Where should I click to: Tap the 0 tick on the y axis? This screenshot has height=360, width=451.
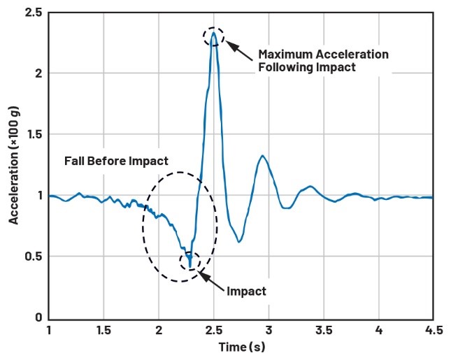coord(38,317)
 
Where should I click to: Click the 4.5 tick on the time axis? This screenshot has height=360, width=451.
coord(434,329)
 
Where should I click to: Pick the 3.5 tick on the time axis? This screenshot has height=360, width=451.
coord(324,329)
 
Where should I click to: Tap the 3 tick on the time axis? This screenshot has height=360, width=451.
coord(269,329)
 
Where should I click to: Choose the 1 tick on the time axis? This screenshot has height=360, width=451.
coord(49,329)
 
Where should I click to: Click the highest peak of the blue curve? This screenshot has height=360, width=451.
coord(213,34)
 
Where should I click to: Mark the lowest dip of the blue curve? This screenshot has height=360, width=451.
coord(189,265)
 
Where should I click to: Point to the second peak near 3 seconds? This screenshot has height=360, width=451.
coord(262,156)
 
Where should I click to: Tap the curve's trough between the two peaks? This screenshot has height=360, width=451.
coord(239,242)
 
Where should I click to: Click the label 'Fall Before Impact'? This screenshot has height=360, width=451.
coord(116,161)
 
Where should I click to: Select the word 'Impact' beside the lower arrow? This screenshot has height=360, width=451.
coord(247,291)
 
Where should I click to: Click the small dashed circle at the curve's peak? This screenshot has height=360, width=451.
coord(213,36)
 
